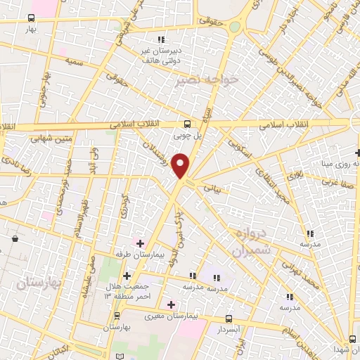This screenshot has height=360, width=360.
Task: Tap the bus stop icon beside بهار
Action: [31, 18]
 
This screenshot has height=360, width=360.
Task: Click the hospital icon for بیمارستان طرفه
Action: [140, 243]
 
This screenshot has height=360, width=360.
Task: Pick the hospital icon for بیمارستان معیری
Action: [171, 304]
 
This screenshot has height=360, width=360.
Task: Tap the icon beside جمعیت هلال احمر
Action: [127, 276]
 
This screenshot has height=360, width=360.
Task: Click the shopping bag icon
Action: [15, 239]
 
